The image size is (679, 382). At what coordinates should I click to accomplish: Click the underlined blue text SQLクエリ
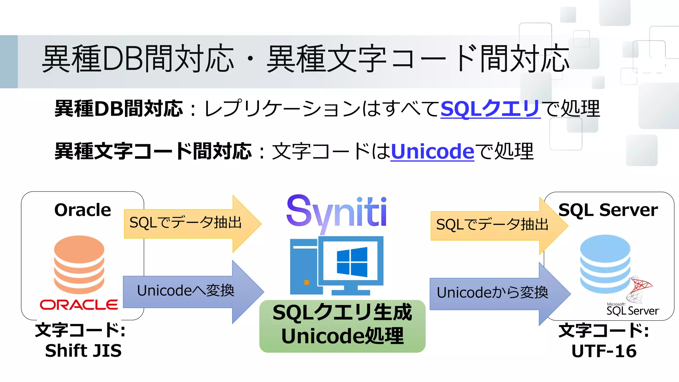(490, 108)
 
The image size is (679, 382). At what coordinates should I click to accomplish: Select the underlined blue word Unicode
(432, 151)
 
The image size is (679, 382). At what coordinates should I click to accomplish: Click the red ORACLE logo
(79, 305)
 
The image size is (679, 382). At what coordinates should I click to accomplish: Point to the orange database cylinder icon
(79, 264)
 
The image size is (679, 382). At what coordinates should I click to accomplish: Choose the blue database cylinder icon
(605, 264)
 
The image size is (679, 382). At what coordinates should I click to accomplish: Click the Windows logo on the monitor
(352, 262)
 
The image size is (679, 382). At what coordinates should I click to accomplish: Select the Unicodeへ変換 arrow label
(186, 291)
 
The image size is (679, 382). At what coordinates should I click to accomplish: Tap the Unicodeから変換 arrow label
(492, 293)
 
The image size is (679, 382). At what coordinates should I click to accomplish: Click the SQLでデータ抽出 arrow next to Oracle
(186, 223)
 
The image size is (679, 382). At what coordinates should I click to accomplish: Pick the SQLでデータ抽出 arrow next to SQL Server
(492, 225)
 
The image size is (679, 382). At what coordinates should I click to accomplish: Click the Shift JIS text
(83, 351)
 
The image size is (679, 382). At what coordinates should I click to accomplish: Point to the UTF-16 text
(604, 351)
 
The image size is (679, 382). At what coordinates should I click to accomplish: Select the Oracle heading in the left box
(83, 210)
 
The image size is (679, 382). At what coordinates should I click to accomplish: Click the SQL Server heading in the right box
(608, 210)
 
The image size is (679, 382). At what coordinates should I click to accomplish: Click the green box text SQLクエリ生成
(342, 313)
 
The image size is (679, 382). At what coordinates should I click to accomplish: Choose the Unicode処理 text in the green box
(342, 336)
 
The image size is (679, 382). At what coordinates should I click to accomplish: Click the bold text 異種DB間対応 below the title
(118, 108)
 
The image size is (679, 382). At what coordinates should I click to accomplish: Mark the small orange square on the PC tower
(307, 283)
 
